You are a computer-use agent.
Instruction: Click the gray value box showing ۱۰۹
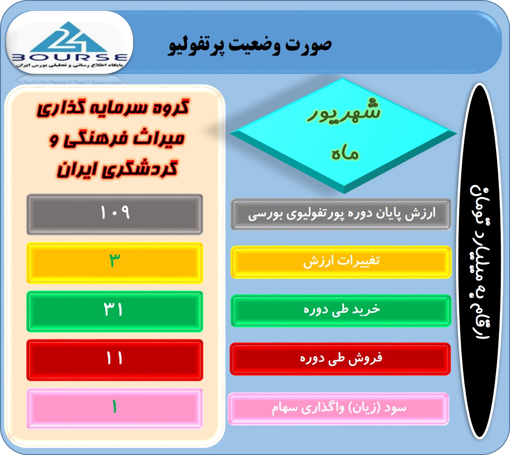[x=115, y=214]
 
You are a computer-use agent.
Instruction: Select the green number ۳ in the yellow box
[x=115, y=260]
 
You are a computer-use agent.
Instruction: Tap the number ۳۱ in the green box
[x=113, y=309]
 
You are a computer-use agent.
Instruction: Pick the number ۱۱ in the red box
[x=114, y=358]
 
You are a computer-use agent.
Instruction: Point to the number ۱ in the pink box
[x=114, y=407]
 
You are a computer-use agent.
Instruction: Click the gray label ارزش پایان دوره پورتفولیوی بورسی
[x=342, y=214]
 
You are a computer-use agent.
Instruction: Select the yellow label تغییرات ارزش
[x=342, y=261]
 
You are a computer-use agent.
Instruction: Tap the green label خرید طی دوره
[x=342, y=310]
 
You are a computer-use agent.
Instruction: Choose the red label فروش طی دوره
[x=341, y=358]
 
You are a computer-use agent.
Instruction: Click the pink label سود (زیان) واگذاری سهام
[x=339, y=408]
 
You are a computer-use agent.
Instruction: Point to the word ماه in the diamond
[x=345, y=153]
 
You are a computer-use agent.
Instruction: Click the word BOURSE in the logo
[x=69, y=58]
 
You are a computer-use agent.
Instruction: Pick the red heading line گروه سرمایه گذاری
[x=113, y=108]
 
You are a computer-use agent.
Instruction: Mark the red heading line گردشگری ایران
[x=117, y=169]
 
